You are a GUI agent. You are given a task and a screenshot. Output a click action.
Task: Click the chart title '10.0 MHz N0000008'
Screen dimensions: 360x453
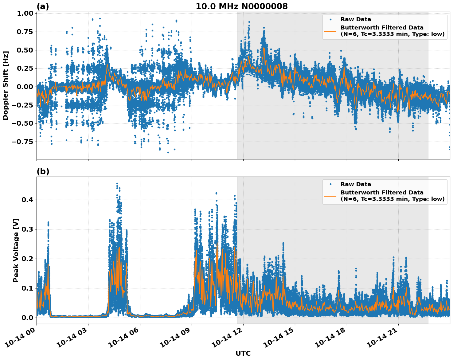pos(242,6)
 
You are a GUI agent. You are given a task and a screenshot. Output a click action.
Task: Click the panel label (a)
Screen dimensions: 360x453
pos(43,6)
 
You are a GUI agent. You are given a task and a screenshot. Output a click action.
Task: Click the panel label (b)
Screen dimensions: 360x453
pos(43,171)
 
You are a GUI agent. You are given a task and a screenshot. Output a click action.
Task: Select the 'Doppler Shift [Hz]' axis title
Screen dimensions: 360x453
pos(6,85)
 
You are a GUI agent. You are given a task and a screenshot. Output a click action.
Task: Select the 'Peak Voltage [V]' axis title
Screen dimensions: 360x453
pos(16,250)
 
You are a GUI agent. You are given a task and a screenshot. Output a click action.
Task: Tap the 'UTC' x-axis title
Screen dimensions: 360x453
pos(243,353)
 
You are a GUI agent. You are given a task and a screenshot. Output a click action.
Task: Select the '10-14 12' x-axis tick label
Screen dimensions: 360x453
pos(228,339)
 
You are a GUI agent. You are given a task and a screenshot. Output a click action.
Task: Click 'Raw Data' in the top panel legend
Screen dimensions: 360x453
pos(356,19)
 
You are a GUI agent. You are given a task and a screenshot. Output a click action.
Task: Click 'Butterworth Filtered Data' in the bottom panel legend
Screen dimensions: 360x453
pos(382,193)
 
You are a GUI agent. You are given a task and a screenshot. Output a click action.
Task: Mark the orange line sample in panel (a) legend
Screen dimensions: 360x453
pos(330,31)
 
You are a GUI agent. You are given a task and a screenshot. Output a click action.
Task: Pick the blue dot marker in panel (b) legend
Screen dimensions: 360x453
pos(330,184)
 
